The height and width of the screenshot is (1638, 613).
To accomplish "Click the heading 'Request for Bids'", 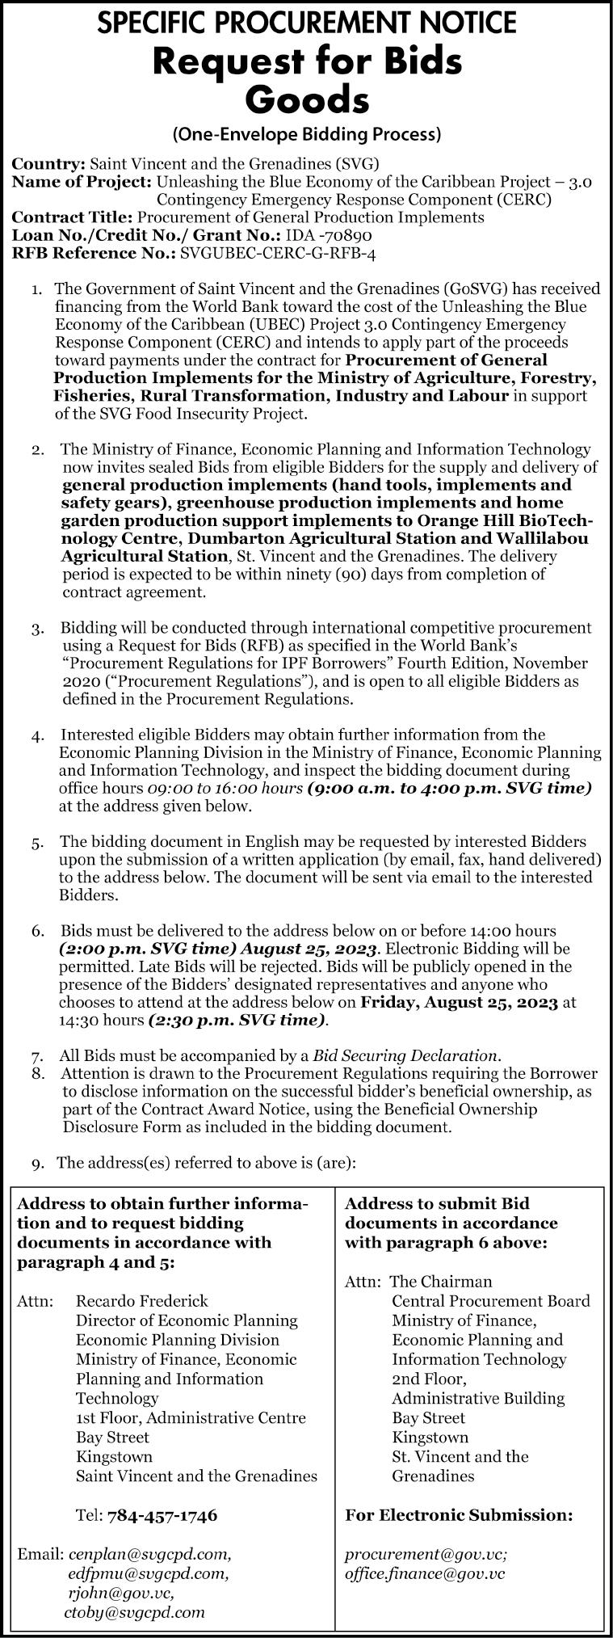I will tap(307, 62).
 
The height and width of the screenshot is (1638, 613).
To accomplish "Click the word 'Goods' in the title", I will tap(307, 101).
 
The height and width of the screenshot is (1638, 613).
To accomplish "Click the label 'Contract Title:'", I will tap(73, 217).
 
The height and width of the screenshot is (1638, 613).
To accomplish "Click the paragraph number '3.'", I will tap(39, 629).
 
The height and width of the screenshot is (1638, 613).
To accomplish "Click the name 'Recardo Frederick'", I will tap(142, 1300).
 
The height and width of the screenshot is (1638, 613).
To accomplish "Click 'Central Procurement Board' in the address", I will tap(491, 1300).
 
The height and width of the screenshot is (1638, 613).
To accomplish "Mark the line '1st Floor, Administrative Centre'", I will tap(191, 1417).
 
